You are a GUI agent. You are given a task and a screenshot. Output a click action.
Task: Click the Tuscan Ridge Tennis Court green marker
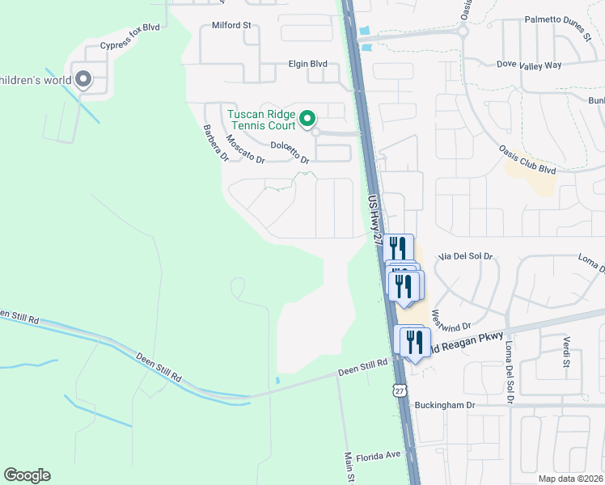tap(307, 120)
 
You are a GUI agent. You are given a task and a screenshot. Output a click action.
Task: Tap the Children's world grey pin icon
tap(82, 79)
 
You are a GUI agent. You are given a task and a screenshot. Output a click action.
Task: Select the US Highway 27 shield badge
tap(398, 390)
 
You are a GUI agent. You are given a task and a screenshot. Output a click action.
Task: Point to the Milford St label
tap(232, 25)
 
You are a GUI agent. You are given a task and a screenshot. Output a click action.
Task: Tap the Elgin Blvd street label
tap(307, 63)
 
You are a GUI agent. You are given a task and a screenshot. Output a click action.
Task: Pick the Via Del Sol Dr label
tap(465, 256)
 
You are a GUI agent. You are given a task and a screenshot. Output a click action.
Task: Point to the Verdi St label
tap(567, 351)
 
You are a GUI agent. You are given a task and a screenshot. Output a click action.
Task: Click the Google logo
tap(27, 475)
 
